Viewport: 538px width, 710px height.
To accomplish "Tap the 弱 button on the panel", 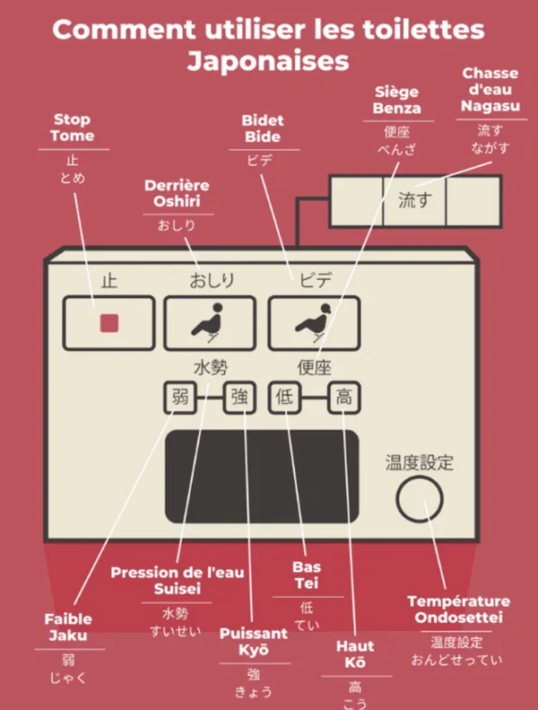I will (x=179, y=398).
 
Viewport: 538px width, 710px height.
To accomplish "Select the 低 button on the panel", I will (x=284, y=398).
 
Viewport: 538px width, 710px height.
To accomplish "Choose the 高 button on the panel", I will (x=343, y=398).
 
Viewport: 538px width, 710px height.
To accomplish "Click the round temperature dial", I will (x=420, y=501).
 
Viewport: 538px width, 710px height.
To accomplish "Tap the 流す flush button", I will (x=414, y=199).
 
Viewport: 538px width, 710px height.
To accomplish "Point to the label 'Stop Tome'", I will (x=73, y=127).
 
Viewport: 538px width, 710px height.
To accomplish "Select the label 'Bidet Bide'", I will (x=262, y=128).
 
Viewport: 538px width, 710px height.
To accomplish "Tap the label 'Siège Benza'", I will (x=398, y=101).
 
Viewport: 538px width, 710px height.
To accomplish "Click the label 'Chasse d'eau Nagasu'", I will (x=490, y=90).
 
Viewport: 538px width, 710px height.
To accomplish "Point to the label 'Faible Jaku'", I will (x=69, y=627).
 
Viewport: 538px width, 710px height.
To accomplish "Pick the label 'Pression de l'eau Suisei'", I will (x=177, y=581).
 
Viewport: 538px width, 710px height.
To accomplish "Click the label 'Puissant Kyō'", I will (x=254, y=641).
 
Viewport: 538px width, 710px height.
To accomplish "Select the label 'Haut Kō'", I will (x=355, y=654).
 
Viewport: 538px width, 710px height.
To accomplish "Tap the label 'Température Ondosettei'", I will (x=458, y=609).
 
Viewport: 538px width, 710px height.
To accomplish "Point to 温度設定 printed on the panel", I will (x=420, y=463).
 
